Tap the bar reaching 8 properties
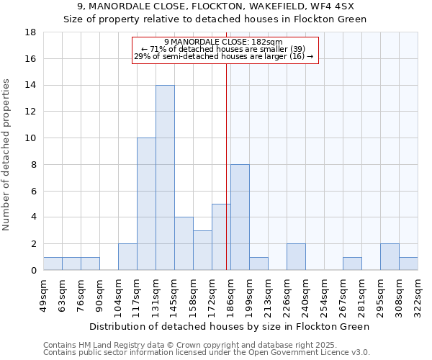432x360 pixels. [240, 217]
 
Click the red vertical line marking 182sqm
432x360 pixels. [227, 166]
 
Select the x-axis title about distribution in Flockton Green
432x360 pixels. [230, 326]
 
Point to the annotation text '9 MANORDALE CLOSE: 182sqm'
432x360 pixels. [223, 42]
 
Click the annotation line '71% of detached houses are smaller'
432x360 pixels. [223, 49]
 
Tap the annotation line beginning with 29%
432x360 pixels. [223, 56]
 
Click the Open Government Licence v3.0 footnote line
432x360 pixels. [207, 352]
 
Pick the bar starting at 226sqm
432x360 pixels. [296, 257]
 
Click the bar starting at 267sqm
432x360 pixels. [352, 264]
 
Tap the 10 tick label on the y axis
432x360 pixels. [30, 138]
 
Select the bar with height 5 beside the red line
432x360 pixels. [220, 237]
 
